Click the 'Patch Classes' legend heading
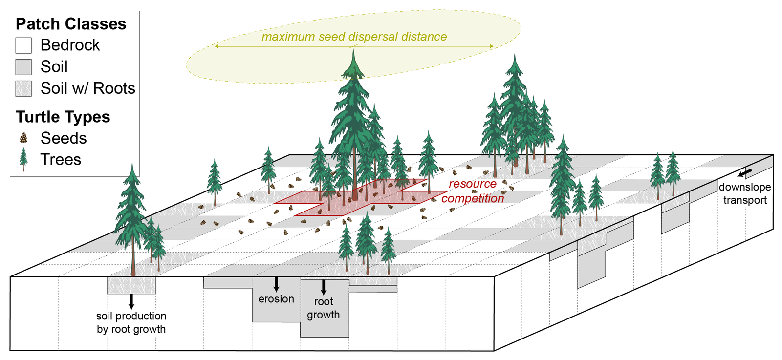(x=71, y=24)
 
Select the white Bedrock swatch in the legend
(x=23, y=45)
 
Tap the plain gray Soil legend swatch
(x=23, y=67)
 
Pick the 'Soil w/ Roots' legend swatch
(x=23, y=88)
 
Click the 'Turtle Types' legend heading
(x=63, y=117)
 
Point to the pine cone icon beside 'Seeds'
(x=23, y=138)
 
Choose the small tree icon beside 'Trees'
(x=23, y=159)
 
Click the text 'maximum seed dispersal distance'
(x=354, y=37)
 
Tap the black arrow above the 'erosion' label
(x=276, y=284)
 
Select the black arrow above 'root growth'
(x=323, y=287)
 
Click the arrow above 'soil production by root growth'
(x=131, y=301)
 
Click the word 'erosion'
(x=276, y=299)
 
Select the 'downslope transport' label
(x=745, y=193)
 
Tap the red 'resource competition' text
(x=472, y=191)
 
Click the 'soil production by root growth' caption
(x=131, y=322)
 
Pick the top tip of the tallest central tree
(x=353, y=50)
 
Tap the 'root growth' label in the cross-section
(x=323, y=308)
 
